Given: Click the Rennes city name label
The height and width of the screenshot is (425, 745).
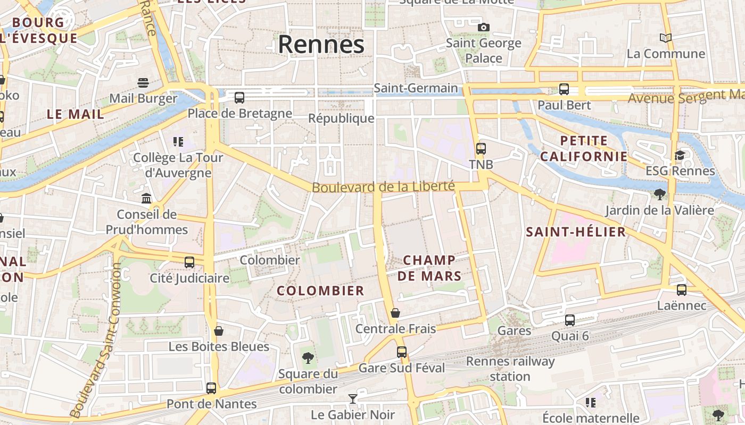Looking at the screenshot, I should tap(321, 45).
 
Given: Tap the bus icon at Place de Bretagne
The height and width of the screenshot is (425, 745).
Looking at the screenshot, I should tap(239, 97).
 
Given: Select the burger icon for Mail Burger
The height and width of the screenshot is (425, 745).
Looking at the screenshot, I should tap(143, 82).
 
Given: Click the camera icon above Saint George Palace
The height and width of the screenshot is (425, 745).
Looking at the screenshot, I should tap(483, 27).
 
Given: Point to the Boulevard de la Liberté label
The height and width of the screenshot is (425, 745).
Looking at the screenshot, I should tap(383, 187).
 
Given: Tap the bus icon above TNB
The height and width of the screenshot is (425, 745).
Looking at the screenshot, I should tap(481, 148).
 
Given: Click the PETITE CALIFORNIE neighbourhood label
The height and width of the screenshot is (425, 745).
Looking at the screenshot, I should tap(584, 149).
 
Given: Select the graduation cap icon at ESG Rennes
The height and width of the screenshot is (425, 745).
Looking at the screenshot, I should tap(680, 155).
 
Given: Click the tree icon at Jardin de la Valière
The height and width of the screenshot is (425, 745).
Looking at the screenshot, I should tap(660, 194).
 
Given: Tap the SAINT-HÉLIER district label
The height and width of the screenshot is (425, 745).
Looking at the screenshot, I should tap(576, 232).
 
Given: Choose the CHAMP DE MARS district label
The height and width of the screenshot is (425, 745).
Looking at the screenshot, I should tap(429, 268).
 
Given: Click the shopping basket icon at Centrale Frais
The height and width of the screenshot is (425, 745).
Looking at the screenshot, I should tap(395, 312).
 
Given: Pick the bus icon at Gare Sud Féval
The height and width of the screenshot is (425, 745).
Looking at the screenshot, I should tap(401, 352).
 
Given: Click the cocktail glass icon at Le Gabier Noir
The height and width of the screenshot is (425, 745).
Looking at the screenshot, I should tap(352, 398).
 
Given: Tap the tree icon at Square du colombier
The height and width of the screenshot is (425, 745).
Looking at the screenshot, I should tap(308, 358).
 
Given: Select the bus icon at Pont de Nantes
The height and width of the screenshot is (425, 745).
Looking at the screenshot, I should tap(211, 388).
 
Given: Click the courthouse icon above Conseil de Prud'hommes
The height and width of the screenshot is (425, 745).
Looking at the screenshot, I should tap(146, 198).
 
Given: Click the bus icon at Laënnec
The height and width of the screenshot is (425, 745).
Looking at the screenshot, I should tap(682, 290).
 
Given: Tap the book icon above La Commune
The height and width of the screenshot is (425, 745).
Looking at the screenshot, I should tap(665, 38).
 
